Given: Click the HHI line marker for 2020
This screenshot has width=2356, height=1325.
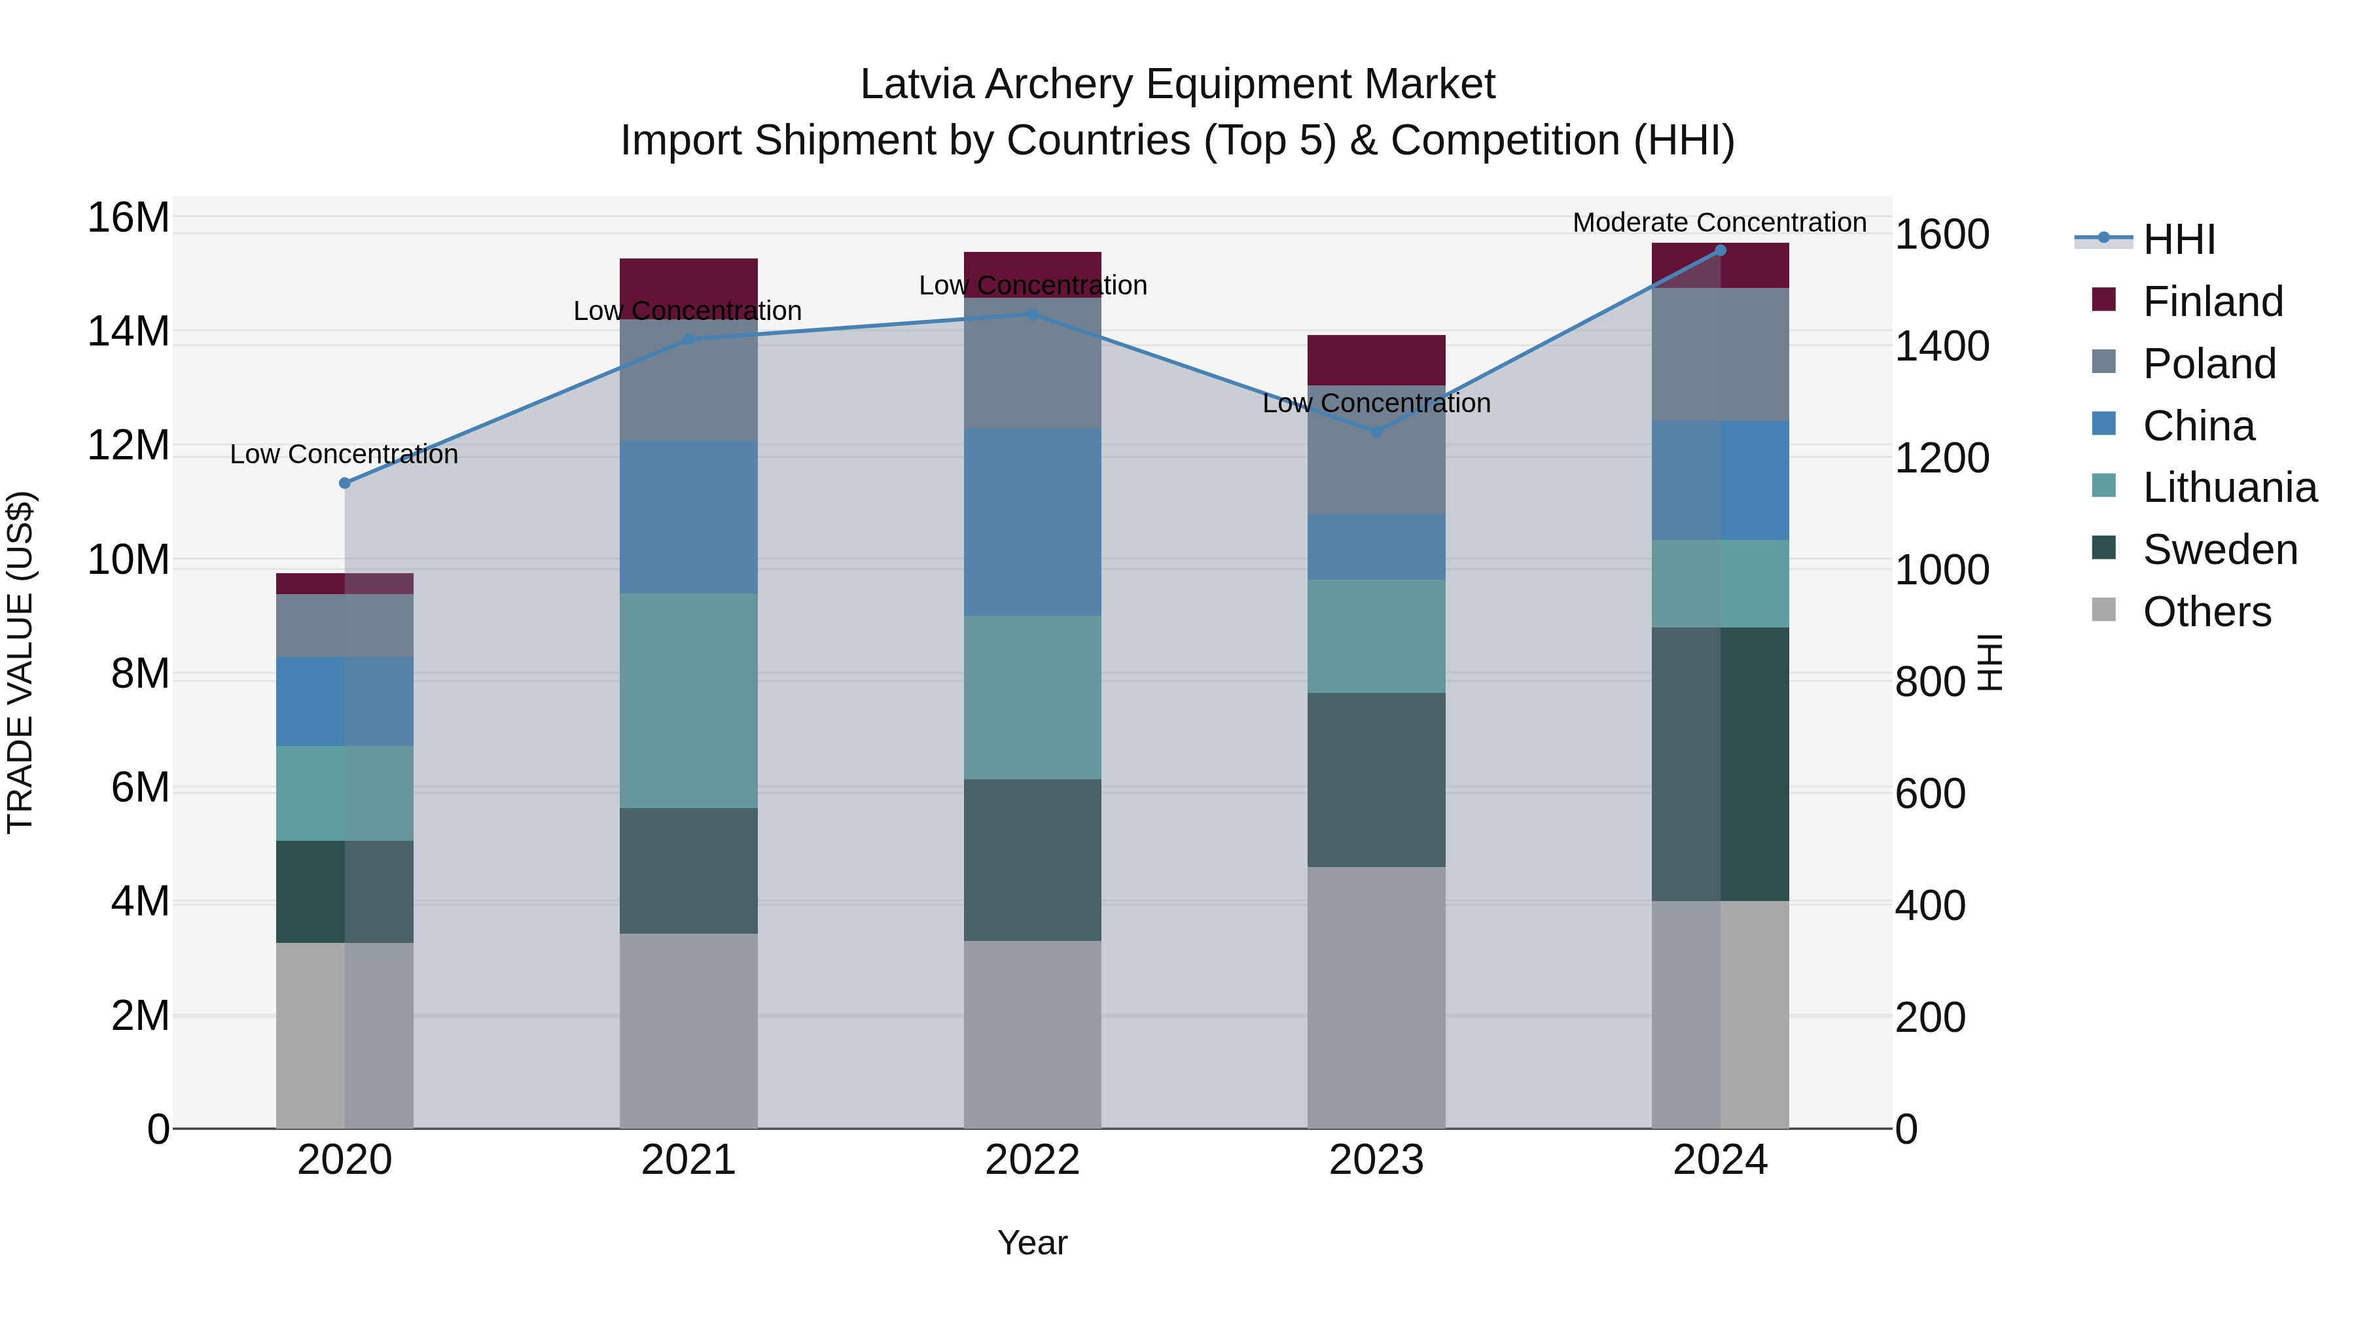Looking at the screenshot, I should pyautogui.click(x=345, y=483).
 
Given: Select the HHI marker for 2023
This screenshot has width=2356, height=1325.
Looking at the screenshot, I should pyautogui.click(x=1376, y=432).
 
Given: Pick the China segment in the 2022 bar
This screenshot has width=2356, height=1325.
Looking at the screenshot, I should pyautogui.click(x=1033, y=522).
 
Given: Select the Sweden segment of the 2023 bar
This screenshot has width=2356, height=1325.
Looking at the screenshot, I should pyautogui.click(x=1376, y=779).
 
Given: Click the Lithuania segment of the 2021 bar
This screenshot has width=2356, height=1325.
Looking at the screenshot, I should pyautogui.click(x=688, y=700).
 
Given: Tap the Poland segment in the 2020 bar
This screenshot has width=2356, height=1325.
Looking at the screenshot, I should pyautogui.click(x=345, y=626).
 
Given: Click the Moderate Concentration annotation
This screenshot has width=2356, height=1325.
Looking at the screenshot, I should pyautogui.click(x=1719, y=222).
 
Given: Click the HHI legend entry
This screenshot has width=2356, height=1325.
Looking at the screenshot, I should pyautogui.click(x=2179, y=239).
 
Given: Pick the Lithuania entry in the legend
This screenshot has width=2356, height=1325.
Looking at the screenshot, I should pyautogui.click(x=2229, y=487).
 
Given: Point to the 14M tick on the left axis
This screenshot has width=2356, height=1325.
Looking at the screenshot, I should pyautogui.click(x=128, y=332).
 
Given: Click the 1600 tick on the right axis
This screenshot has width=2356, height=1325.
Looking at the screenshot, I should pyautogui.click(x=1941, y=235).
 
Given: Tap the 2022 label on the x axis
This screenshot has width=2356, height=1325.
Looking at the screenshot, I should pyautogui.click(x=1033, y=1160).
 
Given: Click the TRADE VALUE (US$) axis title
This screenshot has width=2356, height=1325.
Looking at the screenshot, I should pyautogui.click(x=20, y=662).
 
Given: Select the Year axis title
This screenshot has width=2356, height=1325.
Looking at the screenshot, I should pyautogui.click(x=1033, y=1243).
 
